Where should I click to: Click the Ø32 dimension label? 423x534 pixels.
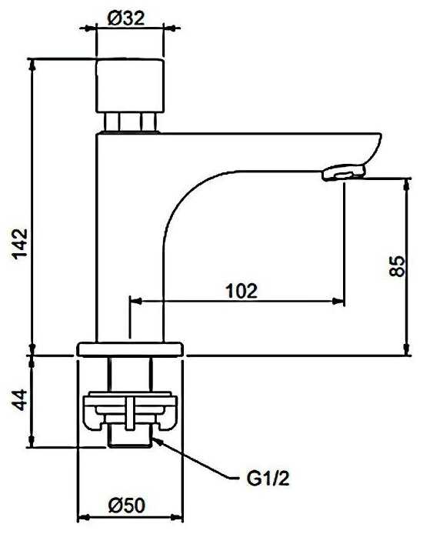tap(125, 18)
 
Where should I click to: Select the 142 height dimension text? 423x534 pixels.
tap(20, 243)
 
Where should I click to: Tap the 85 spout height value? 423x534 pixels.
tap(397, 266)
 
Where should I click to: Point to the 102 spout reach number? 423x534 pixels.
tap(242, 291)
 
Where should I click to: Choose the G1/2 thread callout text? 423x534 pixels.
tap(268, 479)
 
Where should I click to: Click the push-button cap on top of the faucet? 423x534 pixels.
tap(130, 85)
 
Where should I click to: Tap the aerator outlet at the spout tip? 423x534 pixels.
tap(344, 172)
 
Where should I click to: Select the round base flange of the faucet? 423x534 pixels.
tap(130, 349)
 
